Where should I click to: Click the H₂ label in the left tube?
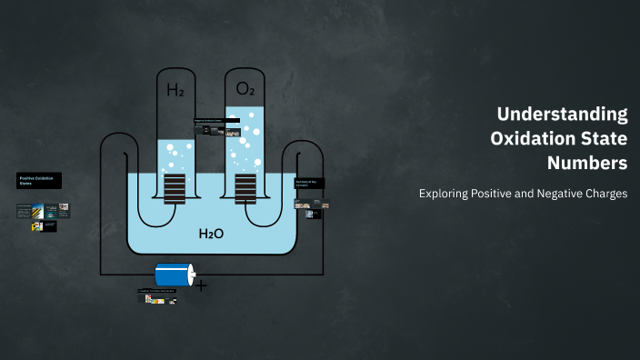(175, 90)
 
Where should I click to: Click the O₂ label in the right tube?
(245, 89)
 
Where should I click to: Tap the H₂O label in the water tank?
(211, 234)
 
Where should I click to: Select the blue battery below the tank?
(174, 275)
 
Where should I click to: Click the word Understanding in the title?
(563, 115)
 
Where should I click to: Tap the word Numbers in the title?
(587, 164)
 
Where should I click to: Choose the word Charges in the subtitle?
(605, 194)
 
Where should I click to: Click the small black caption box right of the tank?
(306, 183)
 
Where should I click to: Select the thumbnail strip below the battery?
(156, 298)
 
